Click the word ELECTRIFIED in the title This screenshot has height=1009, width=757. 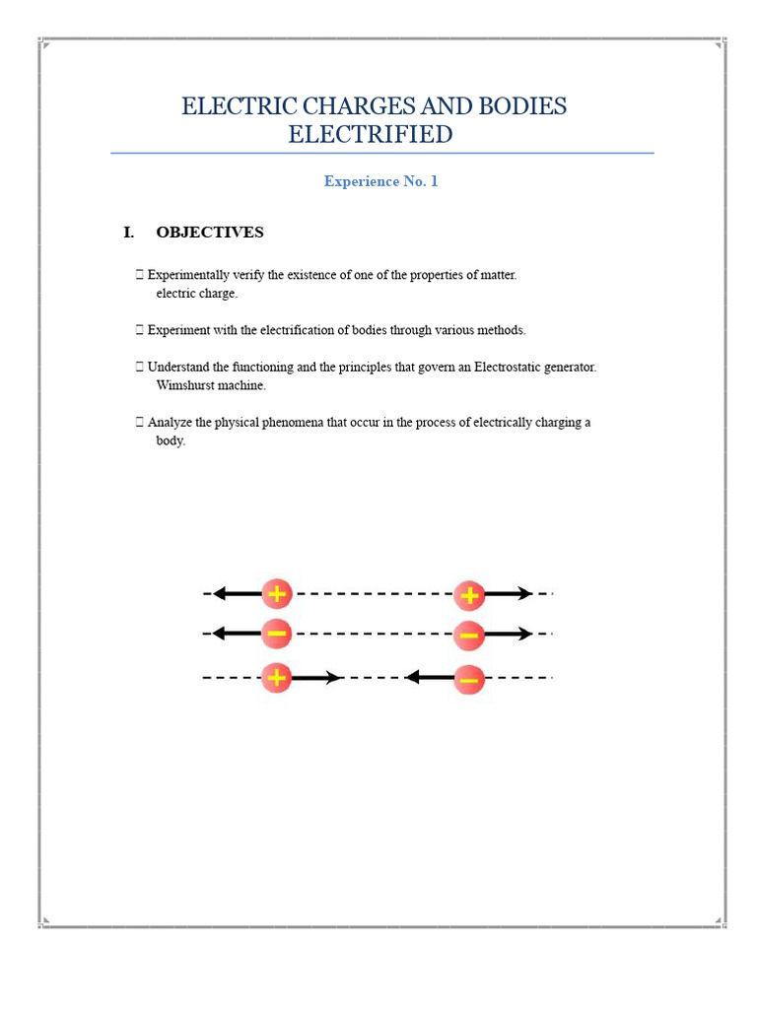[x=370, y=134]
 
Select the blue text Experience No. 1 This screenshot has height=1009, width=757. [x=380, y=181]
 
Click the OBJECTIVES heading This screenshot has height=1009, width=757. [x=209, y=233]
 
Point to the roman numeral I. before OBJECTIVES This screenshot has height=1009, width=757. [x=128, y=233]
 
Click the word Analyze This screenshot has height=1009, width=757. [x=170, y=422]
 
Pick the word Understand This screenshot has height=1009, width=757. [x=179, y=367]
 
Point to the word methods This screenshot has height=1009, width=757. [x=503, y=330]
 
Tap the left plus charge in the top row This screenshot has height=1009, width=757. [x=277, y=594]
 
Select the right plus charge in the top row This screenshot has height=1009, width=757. [x=469, y=594]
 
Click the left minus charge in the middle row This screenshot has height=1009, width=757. [x=277, y=634]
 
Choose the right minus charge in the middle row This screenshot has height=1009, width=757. [x=469, y=635]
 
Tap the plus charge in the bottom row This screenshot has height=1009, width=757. [x=277, y=678]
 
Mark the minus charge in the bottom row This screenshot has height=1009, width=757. [x=469, y=679]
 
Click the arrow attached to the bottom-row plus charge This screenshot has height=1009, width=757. [x=317, y=678]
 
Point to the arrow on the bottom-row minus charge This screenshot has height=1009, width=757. [x=429, y=678]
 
